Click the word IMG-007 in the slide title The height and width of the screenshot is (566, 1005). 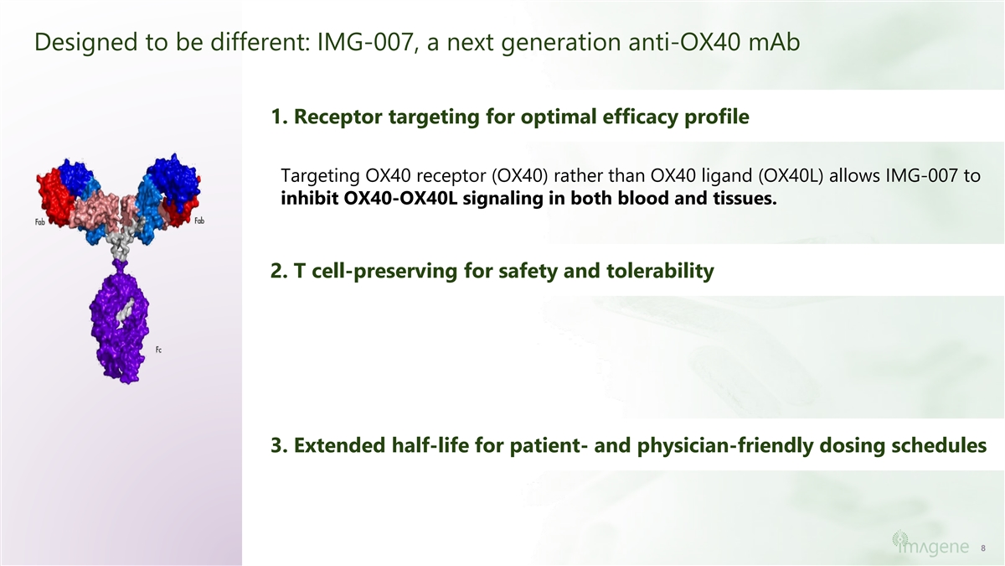click(x=365, y=42)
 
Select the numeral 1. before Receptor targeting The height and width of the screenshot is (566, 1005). click(x=279, y=117)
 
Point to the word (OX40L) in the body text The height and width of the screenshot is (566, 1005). click(x=791, y=175)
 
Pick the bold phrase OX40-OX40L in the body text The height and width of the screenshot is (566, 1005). click(x=400, y=198)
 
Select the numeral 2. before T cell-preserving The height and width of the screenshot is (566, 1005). click(x=279, y=271)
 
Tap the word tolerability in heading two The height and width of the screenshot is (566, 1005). click(x=660, y=271)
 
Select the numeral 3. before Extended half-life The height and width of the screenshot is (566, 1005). click(x=279, y=445)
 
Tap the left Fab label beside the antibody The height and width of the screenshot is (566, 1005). click(x=40, y=222)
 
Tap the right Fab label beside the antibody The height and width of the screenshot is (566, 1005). click(x=199, y=221)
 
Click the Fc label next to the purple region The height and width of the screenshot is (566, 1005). click(x=158, y=350)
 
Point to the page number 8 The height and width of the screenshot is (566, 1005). click(x=983, y=548)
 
